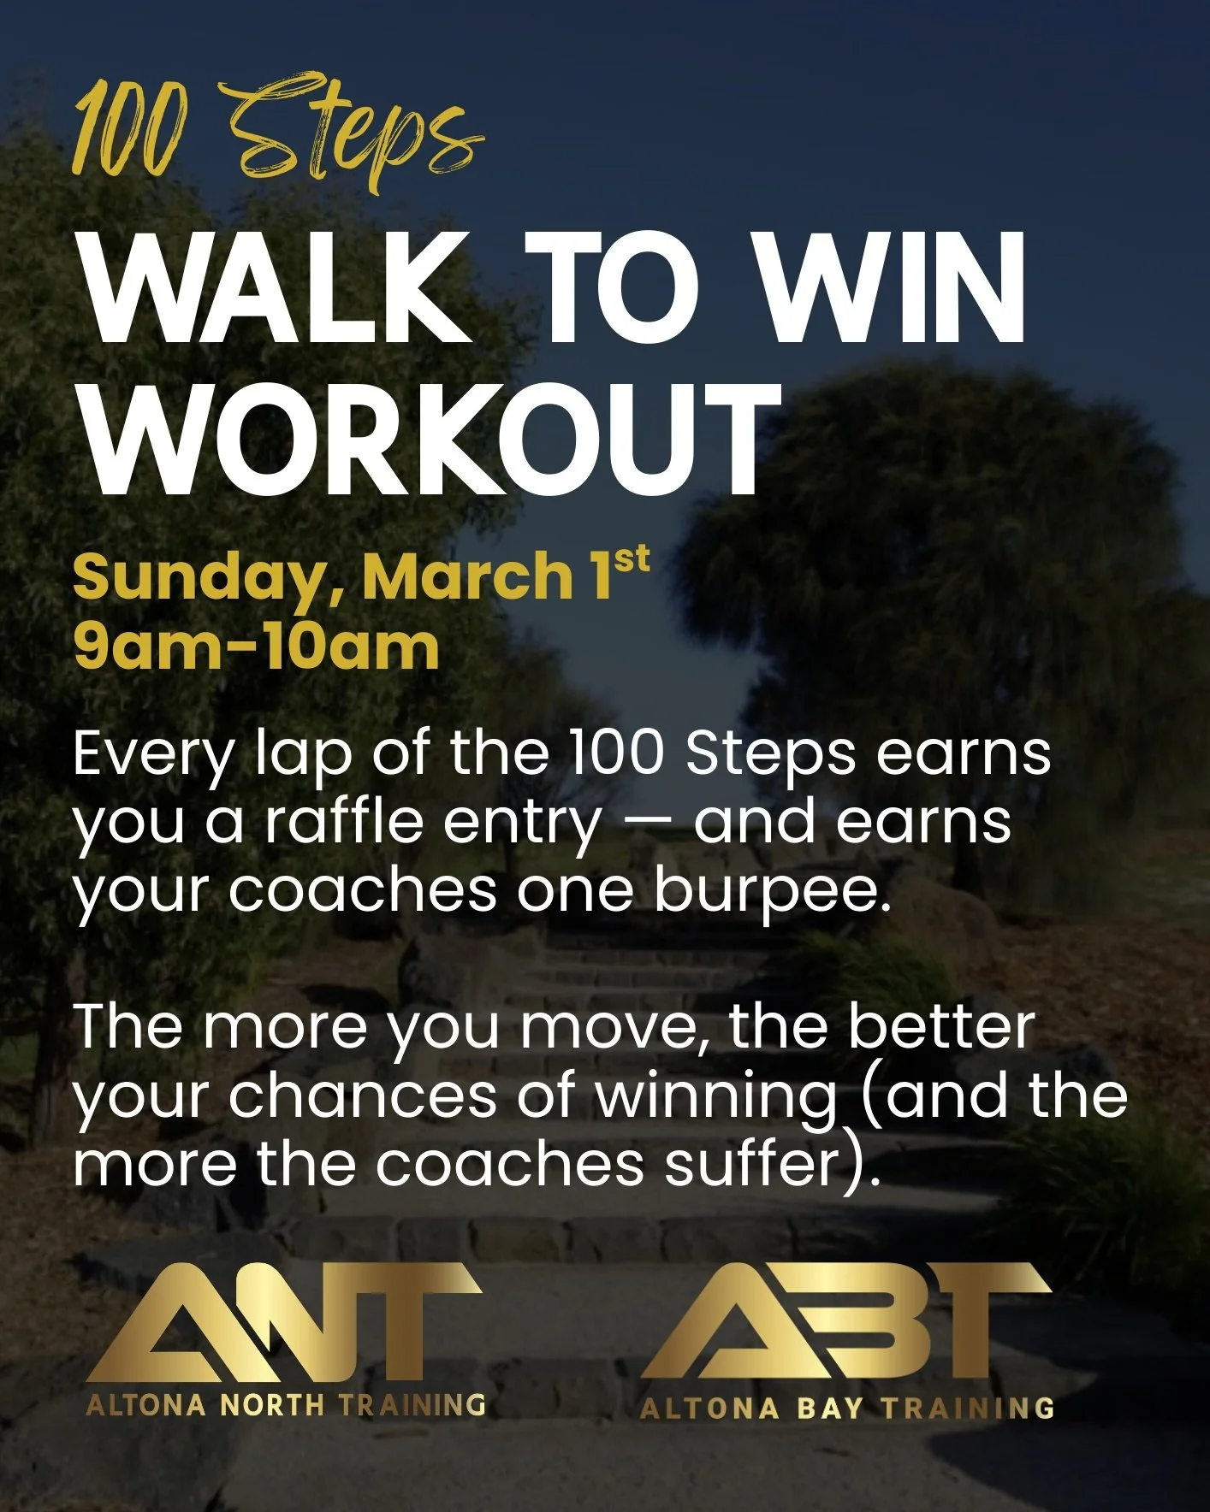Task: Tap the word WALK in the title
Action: [x=276, y=289]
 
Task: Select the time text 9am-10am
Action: [x=257, y=647]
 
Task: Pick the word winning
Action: [x=715, y=1097]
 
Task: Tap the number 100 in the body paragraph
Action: [x=616, y=753]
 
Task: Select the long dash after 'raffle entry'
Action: [x=648, y=823]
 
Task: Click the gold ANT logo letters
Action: [x=282, y=1321]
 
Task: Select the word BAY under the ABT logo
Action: [x=830, y=1409]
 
